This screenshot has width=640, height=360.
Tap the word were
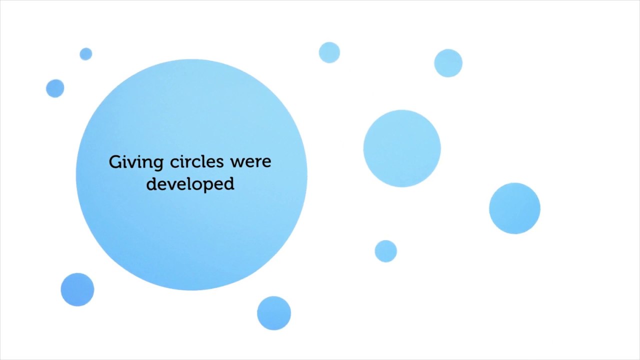[250, 162]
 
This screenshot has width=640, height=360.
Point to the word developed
[190, 184]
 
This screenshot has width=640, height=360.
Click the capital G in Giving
[115, 162]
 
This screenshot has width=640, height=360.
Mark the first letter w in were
[236, 162]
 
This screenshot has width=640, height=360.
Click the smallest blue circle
[85, 54]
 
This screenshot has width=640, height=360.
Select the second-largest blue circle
[402, 148]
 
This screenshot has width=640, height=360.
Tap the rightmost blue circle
[514, 208]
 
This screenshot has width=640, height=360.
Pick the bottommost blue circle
[274, 313]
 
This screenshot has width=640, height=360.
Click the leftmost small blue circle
[55, 88]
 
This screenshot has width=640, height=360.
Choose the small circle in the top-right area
[448, 63]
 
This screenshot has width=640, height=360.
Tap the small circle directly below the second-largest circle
[385, 251]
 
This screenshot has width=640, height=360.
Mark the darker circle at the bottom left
[77, 289]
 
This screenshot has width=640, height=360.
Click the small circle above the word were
[329, 52]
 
